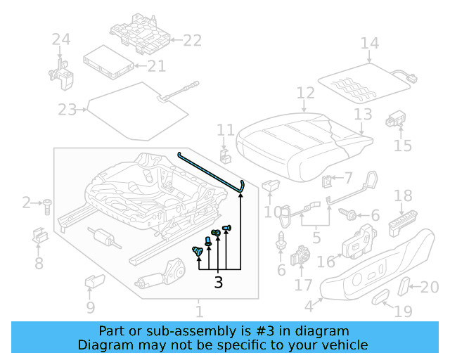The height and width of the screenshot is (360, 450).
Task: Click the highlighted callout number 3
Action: click(218, 283)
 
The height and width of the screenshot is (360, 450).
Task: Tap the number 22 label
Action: click(192, 41)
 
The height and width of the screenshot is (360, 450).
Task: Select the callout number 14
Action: click(369, 44)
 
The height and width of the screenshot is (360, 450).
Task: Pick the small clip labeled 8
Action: click(39, 237)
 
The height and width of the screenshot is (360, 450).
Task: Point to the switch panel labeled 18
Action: click(404, 223)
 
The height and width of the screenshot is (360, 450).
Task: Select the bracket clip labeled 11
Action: click(225, 155)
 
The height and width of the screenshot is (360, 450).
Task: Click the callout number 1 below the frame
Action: click(199, 311)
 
